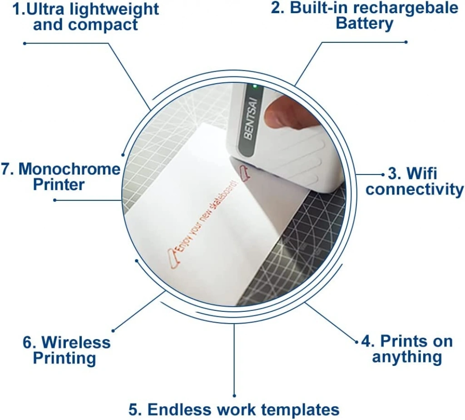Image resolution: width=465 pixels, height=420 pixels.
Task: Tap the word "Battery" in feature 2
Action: [x=365, y=24]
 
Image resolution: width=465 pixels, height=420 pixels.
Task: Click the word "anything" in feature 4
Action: [x=407, y=357]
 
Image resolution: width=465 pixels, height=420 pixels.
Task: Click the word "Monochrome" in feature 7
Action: [x=69, y=169]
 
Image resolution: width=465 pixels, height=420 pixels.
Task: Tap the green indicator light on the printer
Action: [x=255, y=87]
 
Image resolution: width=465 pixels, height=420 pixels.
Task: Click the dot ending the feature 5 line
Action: [x=234, y=395]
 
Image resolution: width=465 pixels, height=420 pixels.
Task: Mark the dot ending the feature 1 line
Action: [x=25, y=43]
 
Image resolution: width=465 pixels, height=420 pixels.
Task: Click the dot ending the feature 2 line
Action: [x=406, y=42]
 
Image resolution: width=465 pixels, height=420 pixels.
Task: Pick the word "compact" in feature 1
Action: [x=103, y=25]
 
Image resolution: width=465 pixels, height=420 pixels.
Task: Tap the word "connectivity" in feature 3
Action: [x=415, y=189]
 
